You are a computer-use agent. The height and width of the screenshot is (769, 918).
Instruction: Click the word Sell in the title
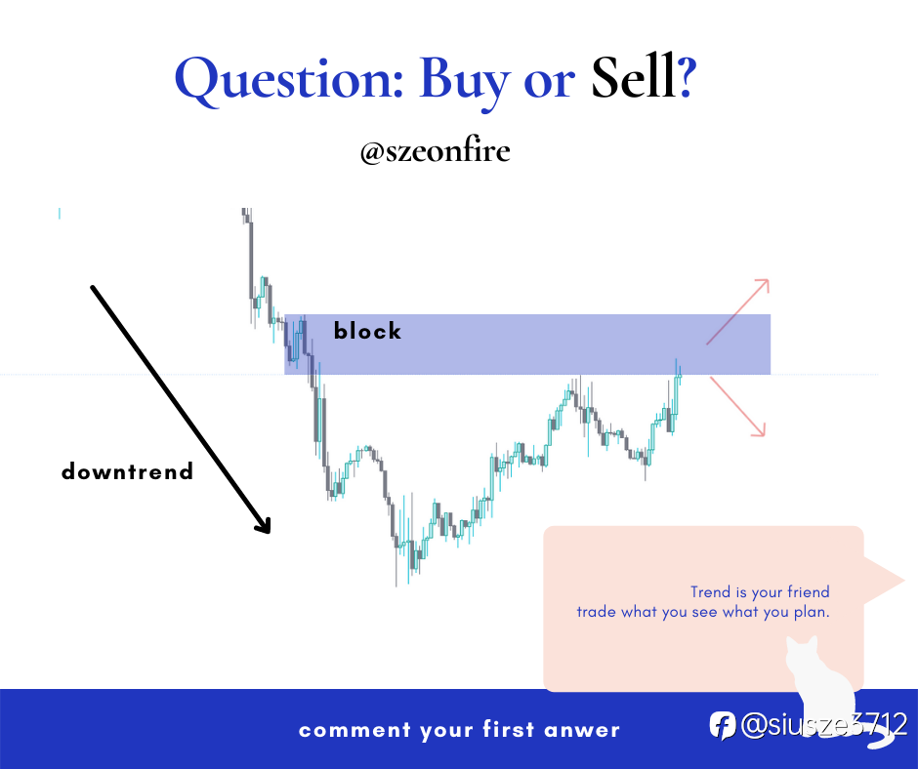(633, 78)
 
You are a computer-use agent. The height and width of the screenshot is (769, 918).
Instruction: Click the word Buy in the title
(464, 82)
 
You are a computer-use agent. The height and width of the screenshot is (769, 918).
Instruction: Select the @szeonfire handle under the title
(435, 151)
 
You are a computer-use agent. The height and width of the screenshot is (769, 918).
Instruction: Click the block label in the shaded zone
(367, 331)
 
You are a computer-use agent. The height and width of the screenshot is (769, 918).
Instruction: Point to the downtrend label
(127, 471)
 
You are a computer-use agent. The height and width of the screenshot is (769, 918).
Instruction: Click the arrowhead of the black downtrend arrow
(264, 525)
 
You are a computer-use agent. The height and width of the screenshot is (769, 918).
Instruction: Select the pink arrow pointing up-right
(737, 311)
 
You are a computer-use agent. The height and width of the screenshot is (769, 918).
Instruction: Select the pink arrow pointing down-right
(737, 406)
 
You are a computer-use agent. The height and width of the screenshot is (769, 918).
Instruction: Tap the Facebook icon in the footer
(723, 726)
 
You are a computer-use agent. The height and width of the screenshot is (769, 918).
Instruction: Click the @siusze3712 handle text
(823, 725)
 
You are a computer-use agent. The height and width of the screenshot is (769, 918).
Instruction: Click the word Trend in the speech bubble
(710, 591)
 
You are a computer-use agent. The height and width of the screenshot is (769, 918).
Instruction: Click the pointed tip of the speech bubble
(904, 581)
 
